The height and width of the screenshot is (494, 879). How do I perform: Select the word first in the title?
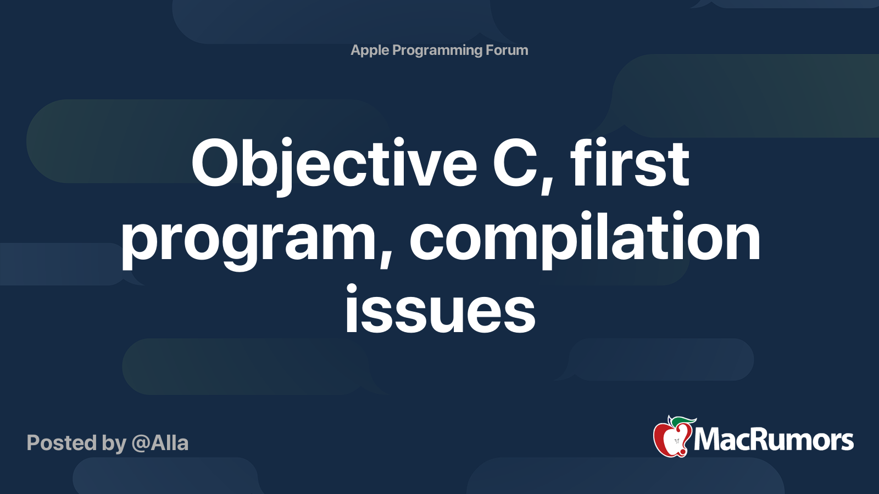[x=630, y=164]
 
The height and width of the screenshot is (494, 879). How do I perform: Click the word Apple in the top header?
[x=370, y=50]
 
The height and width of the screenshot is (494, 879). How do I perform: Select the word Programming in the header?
[x=437, y=50]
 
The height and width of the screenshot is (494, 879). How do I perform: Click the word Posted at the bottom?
[x=62, y=443]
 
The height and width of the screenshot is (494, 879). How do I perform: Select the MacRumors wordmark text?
[x=774, y=440]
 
